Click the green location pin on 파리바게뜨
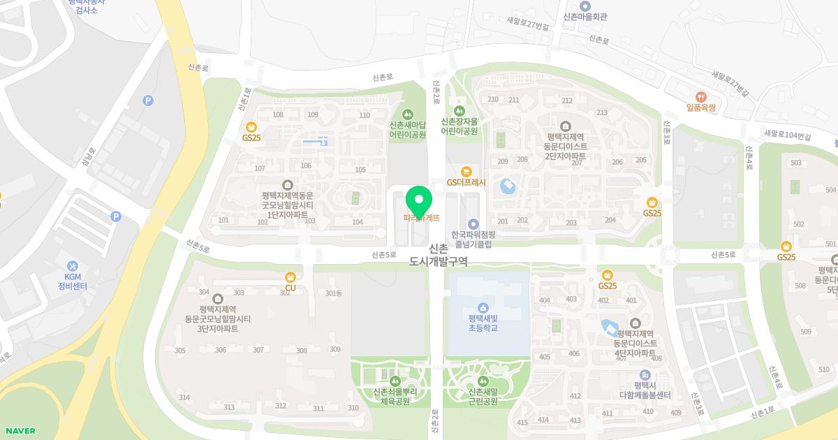click(x=418, y=201)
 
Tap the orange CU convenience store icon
click(x=291, y=277)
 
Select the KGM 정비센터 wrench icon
click(x=72, y=266)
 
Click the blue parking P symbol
click(x=148, y=101)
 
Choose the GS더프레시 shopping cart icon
click(x=466, y=172)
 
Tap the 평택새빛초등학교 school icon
click(x=483, y=308)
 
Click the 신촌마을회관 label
click(x=585, y=16)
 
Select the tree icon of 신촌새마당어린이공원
click(x=408, y=115)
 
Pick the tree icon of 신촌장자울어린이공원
click(x=460, y=110)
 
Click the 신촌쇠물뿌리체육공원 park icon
click(x=395, y=381)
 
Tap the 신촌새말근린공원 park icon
click(x=483, y=381)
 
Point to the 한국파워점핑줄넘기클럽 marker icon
click(x=473, y=224)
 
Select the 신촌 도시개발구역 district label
click(x=439, y=255)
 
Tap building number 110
click(x=365, y=115)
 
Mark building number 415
click(x=522, y=423)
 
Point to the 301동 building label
click(x=334, y=293)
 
